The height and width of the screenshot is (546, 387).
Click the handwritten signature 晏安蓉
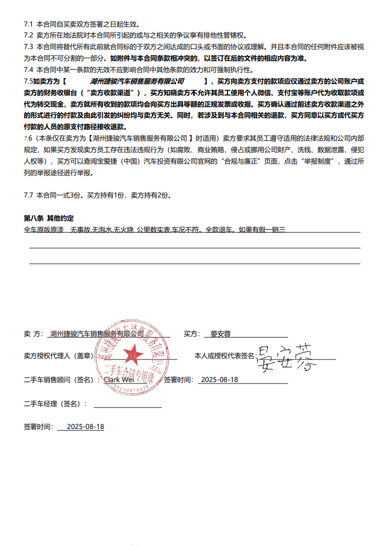(x=286, y=357)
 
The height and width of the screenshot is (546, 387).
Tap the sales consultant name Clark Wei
(x=118, y=380)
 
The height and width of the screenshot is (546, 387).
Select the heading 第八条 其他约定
(x=48, y=218)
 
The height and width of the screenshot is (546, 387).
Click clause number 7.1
(x=28, y=24)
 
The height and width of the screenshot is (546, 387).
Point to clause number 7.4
(x=28, y=69)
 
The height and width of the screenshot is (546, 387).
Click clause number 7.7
(x=28, y=195)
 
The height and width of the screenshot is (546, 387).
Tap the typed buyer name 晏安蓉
(x=220, y=333)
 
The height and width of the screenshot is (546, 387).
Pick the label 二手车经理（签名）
(x=55, y=404)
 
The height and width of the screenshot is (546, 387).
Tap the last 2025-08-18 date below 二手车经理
(x=85, y=427)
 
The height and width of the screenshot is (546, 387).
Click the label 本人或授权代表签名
(x=224, y=356)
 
